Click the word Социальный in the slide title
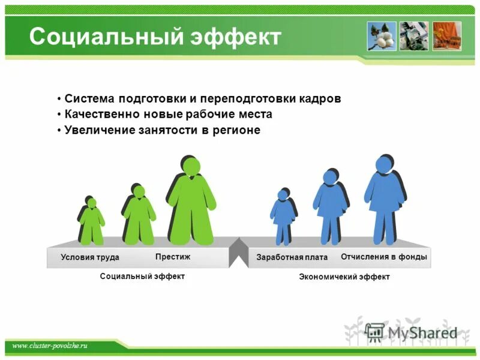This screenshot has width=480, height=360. pyautogui.click(x=102, y=37)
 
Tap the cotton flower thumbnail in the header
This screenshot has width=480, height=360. pyautogui.click(x=382, y=36)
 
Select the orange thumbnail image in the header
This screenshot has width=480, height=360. pyautogui.click(x=447, y=36)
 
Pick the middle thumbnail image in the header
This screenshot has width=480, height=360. pyautogui.click(x=414, y=36)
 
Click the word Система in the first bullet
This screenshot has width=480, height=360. pyautogui.click(x=89, y=98)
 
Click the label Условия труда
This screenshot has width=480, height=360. pyautogui.click(x=90, y=257)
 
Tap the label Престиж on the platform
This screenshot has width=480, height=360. pyautogui.click(x=173, y=256)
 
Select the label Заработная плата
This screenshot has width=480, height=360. pyautogui.click(x=292, y=257)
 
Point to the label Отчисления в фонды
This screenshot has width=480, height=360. pyautogui.click(x=384, y=257)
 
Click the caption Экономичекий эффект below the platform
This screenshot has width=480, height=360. pyautogui.click(x=344, y=277)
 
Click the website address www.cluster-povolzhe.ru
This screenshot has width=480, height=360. pyautogui.click(x=50, y=346)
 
